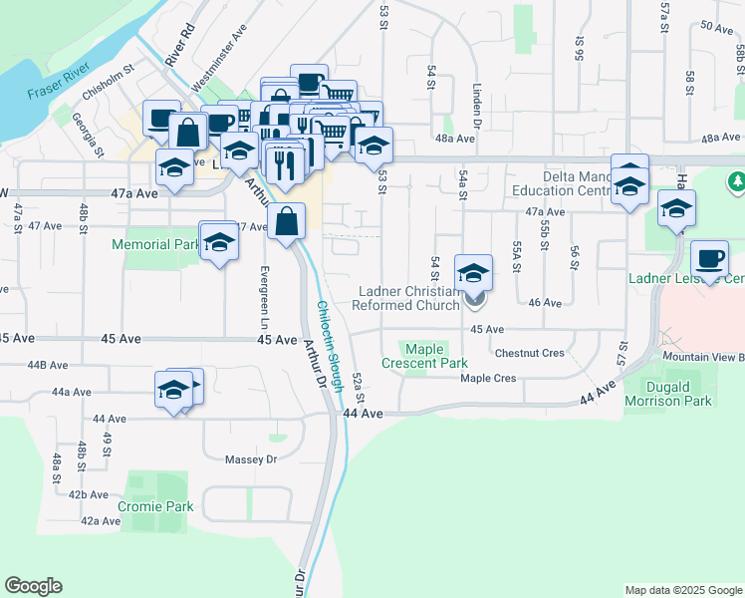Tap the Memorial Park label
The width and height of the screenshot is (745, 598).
tap(154, 244)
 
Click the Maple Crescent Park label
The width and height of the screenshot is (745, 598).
tap(423, 356)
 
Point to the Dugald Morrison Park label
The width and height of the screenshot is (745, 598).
tap(668, 393)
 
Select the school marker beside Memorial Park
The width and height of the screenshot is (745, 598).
tap(218, 241)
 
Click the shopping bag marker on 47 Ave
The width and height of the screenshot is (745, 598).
tap(287, 221)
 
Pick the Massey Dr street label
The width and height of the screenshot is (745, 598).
tap(250, 458)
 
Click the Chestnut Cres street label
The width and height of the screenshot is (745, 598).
tap(529, 353)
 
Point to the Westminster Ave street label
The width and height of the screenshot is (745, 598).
tap(219, 62)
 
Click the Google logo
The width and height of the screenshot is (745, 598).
tap(33, 586)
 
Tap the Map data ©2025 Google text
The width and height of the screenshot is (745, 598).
tap(682, 590)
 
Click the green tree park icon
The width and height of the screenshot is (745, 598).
tap(737, 182)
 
